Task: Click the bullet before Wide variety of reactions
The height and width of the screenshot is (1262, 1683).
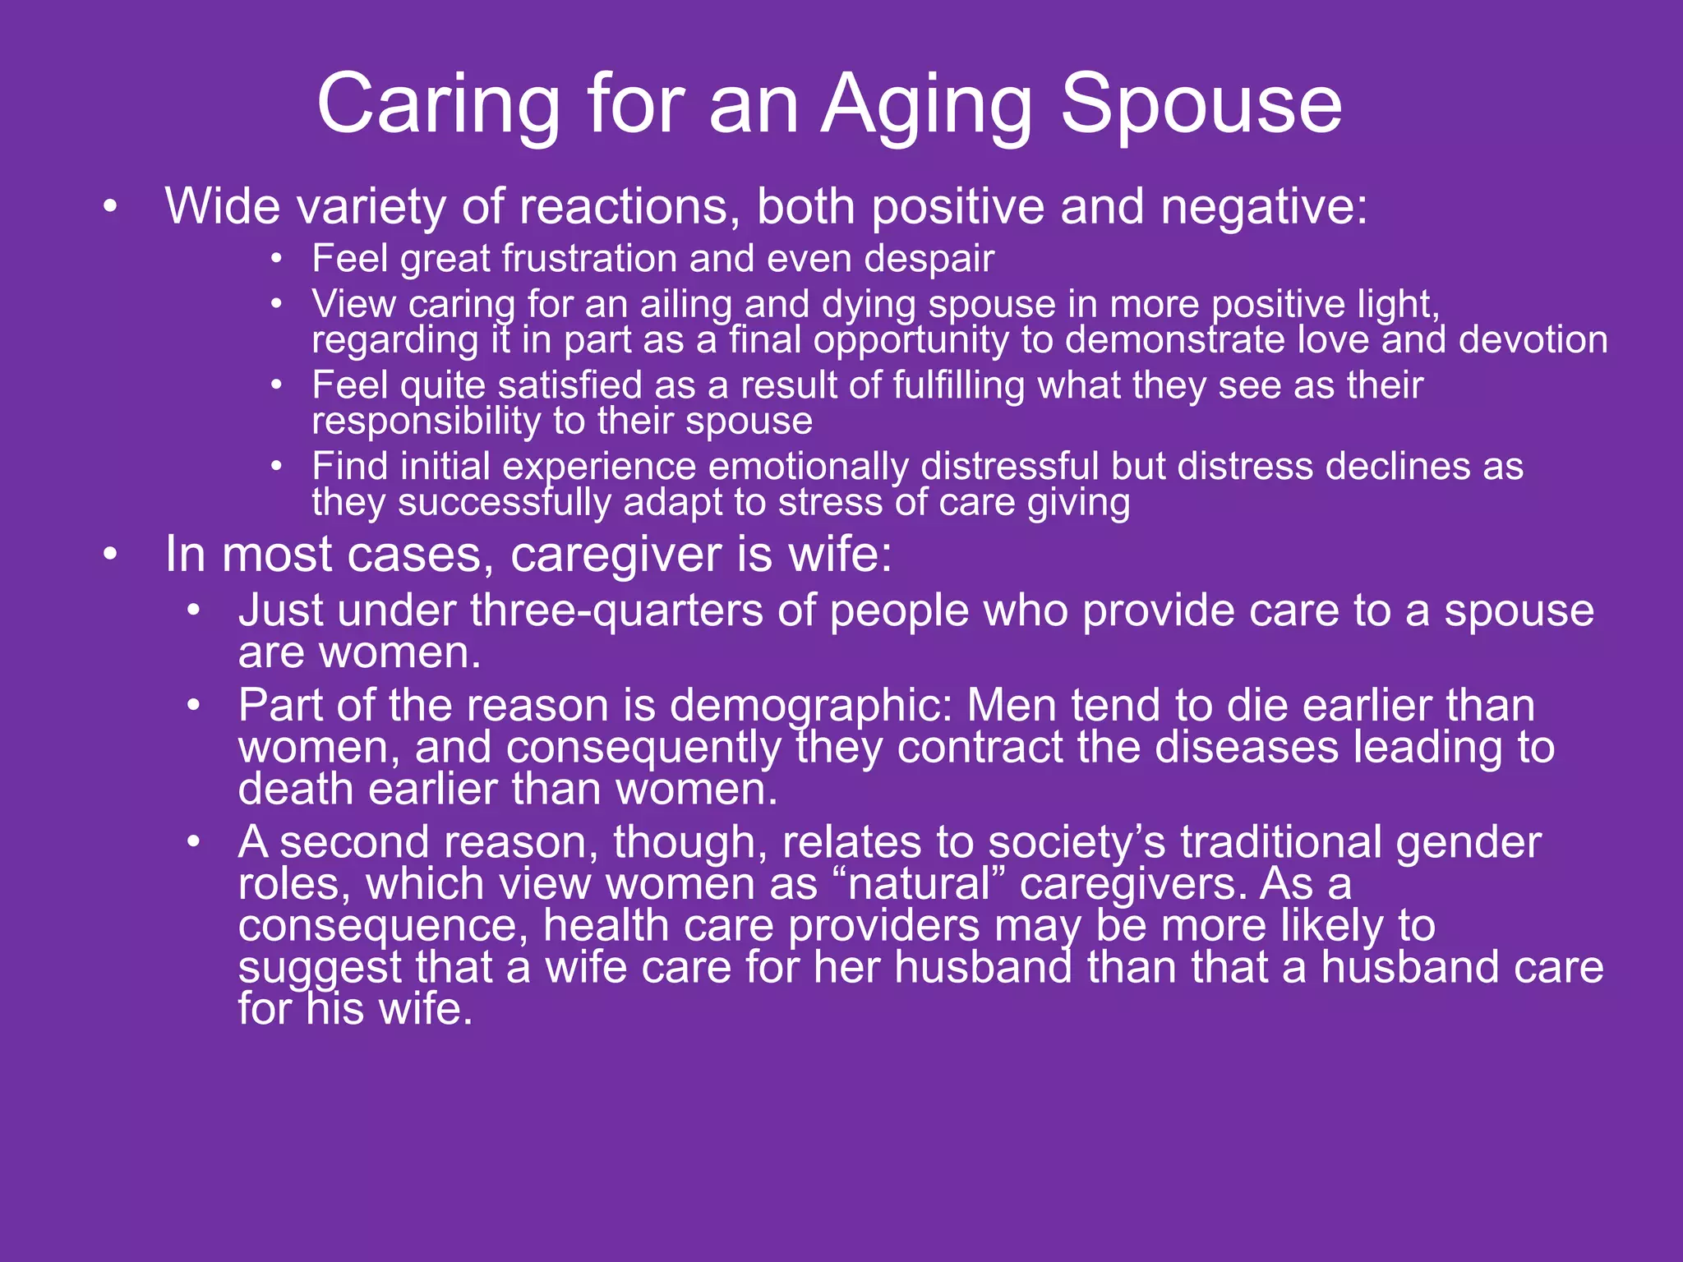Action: (111, 207)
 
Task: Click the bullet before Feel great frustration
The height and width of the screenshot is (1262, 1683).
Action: (277, 260)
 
